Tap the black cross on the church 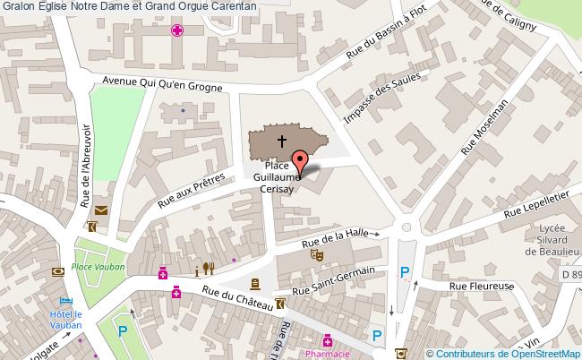tap(282, 141)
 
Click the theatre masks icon tap(315, 254)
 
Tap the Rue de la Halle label tap(334, 236)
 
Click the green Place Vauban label tap(98, 266)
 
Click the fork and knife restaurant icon tap(210, 267)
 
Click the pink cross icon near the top tap(178, 30)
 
